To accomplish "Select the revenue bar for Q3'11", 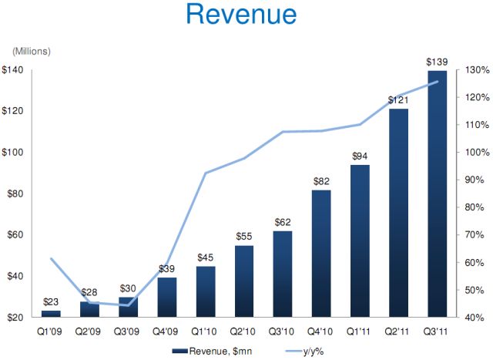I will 437,193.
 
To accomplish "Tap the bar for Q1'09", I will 51,313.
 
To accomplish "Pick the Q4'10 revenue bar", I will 321,254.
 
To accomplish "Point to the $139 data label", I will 437,61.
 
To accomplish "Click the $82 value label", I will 321,180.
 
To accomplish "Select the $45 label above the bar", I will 206,257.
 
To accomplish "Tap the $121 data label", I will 398,99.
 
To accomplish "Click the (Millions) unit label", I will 31,51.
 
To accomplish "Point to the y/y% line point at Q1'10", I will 206,173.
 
